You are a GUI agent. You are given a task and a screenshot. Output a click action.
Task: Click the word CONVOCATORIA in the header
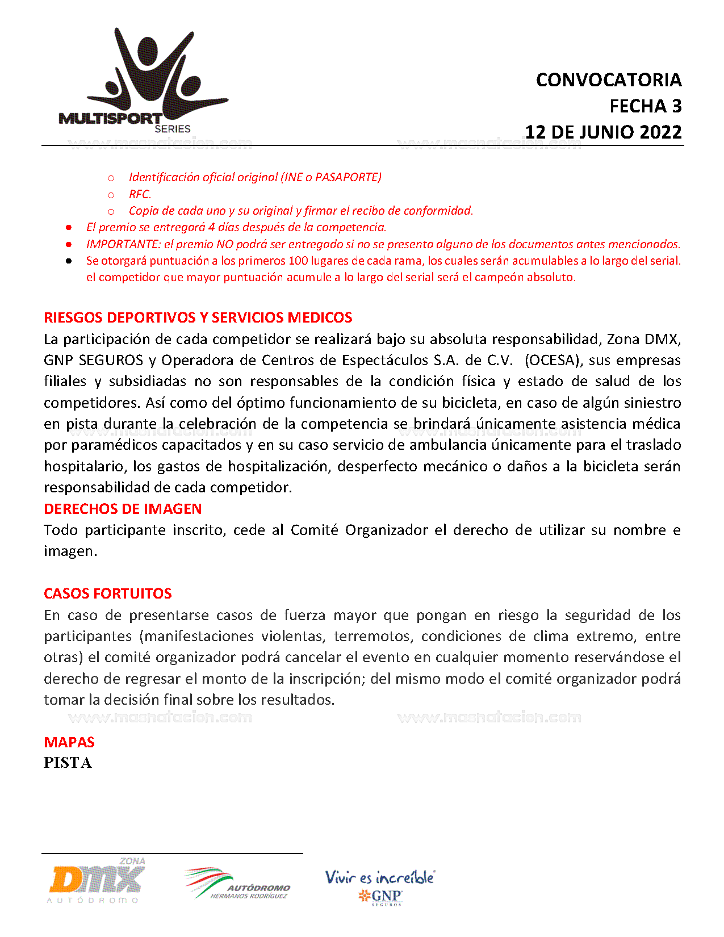(x=608, y=80)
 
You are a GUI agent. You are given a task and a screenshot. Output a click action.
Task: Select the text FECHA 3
(x=645, y=106)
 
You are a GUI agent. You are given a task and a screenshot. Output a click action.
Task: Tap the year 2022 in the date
(x=660, y=132)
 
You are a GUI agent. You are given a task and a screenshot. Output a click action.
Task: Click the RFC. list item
(x=140, y=194)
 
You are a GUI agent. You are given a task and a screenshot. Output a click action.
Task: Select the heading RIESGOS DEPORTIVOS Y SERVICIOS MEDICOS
(x=198, y=317)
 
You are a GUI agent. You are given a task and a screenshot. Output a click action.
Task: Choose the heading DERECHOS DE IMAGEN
(x=123, y=509)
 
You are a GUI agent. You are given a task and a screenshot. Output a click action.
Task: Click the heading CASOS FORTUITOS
(x=107, y=593)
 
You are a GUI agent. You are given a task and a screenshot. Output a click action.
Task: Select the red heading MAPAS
(x=69, y=742)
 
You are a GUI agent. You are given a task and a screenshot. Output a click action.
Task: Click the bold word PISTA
(x=68, y=763)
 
